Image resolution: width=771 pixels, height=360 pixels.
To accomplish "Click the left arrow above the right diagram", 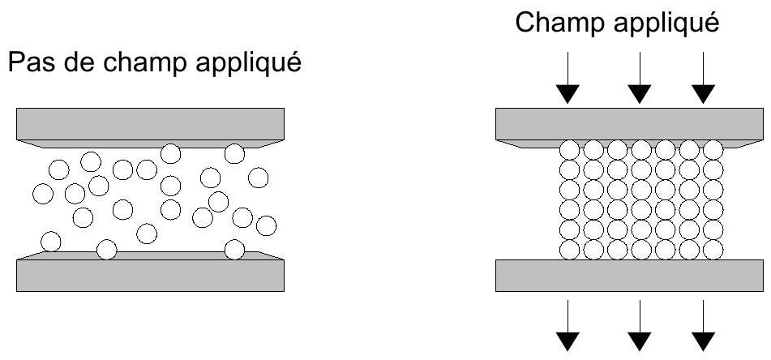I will pos(569,81).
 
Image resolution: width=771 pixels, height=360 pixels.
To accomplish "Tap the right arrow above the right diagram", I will pos(704,81).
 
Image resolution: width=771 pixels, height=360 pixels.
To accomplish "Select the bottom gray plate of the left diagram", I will pos(150,274).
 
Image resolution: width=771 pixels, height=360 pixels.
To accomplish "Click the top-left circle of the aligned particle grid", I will pos(570,150).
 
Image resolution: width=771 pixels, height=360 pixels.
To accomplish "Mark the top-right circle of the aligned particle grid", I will pos(713,150).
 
